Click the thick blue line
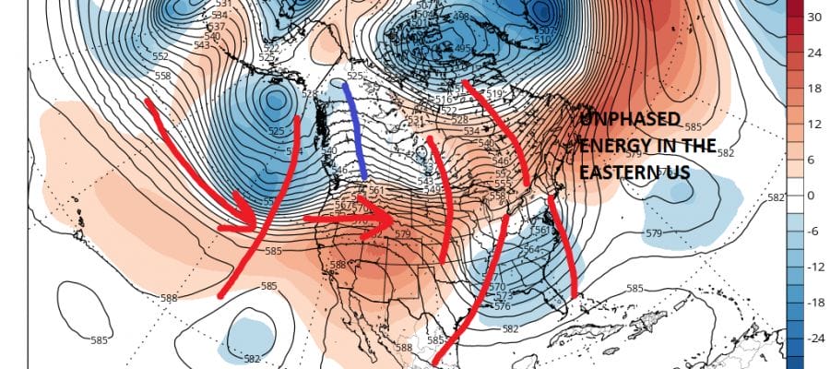click(355, 129)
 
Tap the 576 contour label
click(503, 306)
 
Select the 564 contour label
click(530, 249)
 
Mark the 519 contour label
click(494, 94)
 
